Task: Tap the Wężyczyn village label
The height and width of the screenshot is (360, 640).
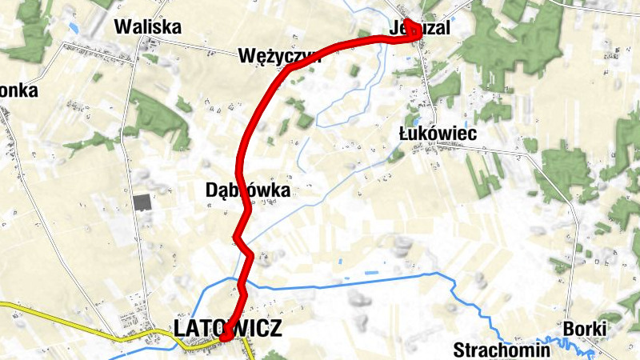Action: pyautogui.click(x=279, y=56)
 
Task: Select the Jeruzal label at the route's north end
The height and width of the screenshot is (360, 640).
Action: pyautogui.click(x=420, y=28)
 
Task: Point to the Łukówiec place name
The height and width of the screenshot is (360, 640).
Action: pyautogui.click(x=438, y=134)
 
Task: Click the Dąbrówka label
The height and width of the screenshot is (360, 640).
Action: pyautogui.click(x=247, y=190)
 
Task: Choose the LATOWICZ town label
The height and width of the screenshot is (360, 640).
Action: pyautogui.click(x=228, y=327)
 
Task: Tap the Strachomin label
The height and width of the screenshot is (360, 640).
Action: pyautogui.click(x=502, y=350)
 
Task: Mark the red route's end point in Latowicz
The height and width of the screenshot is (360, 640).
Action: pyautogui.click(x=226, y=337)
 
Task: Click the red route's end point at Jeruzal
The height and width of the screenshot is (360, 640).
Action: pyautogui.click(x=408, y=22)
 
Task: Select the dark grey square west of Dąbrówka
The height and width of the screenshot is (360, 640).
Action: pyautogui.click(x=142, y=202)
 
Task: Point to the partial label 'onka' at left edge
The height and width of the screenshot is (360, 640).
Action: pyautogui.click(x=18, y=90)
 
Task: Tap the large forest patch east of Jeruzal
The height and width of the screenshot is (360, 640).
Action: pyautogui.click(x=512, y=44)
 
